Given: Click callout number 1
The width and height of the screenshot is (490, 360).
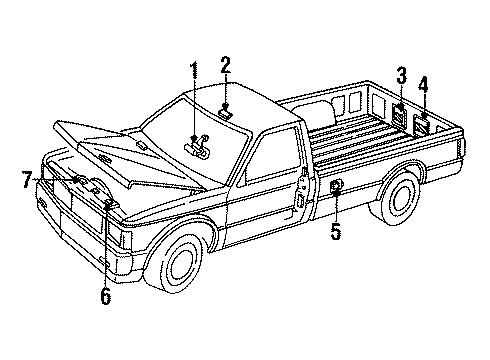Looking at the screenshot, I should coord(194,71).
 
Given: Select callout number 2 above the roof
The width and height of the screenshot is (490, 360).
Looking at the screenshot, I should coord(226,67).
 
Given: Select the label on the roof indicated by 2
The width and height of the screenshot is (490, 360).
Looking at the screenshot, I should coord(228,113).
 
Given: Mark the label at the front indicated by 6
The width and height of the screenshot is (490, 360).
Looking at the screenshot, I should coord(109,206).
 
